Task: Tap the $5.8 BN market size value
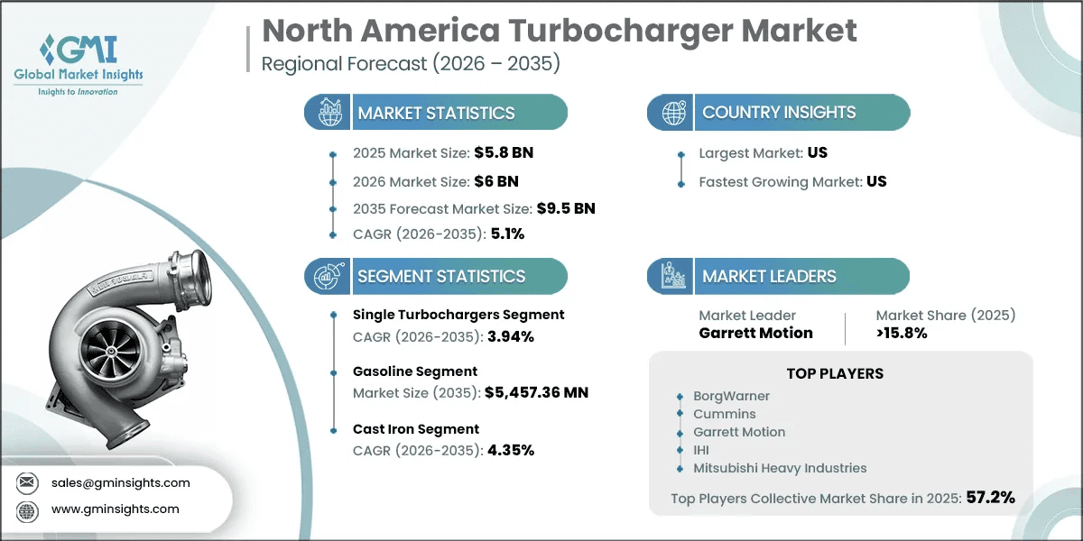tap(504, 152)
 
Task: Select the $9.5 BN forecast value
tap(566, 208)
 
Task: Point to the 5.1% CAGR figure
tap(507, 234)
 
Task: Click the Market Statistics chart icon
tap(329, 112)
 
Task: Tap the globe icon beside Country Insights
tap(674, 113)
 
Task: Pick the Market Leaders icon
tap(673, 276)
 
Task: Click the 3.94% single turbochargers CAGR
tap(511, 336)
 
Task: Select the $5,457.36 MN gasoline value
tap(537, 392)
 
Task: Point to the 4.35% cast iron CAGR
tap(511, 450)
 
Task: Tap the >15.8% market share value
tap(902, 333)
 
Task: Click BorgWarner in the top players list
tap(732, 396)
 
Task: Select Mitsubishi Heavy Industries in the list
tap(780, 468)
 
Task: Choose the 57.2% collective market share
tap(991, 498)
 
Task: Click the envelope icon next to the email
tap(27, 482)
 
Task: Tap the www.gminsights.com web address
tap(116, 509)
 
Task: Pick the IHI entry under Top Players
tap(701, 450)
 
